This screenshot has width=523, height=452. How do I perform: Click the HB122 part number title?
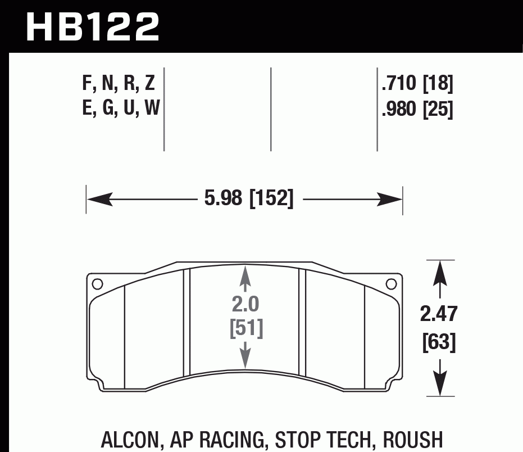[93, 27]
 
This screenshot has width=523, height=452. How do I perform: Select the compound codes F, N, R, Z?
[119, 84]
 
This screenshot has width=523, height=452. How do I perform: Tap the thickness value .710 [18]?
[417, 84]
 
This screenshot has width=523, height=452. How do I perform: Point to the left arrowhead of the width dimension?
[96, 198]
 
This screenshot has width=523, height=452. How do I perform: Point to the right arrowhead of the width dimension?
[393, 198]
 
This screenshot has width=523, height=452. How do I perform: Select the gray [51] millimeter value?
[246, 328]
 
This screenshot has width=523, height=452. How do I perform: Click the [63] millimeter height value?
[439, 341]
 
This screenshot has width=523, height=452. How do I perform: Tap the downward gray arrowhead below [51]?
[245, 360]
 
